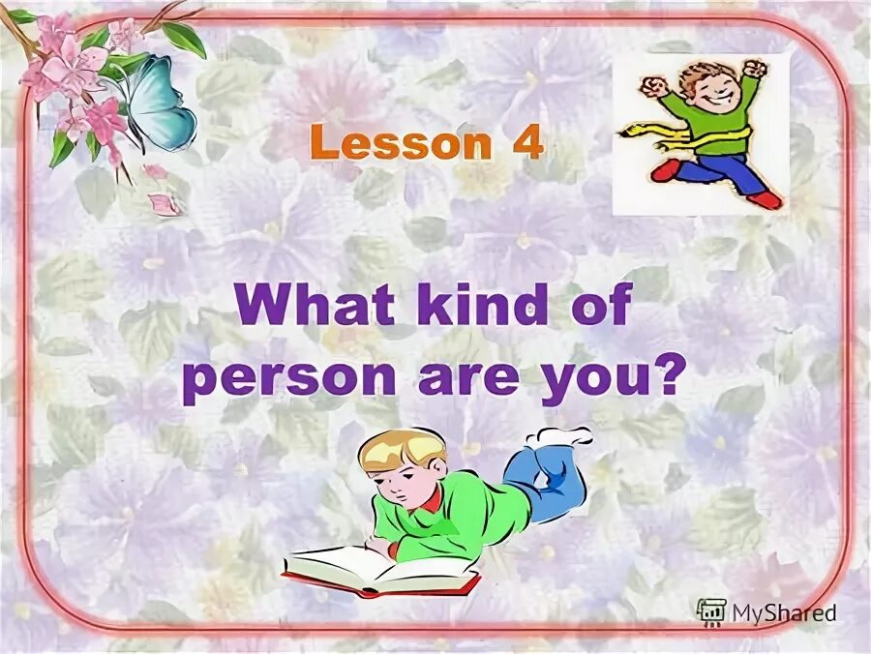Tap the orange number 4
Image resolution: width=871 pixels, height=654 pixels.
point(525,145)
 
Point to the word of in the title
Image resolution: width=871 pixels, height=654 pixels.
point(594,309)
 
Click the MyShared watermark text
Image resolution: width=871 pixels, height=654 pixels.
point(783,611)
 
